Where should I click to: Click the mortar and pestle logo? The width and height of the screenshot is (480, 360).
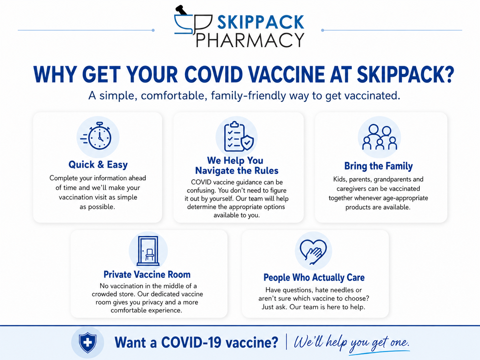coord(193,21)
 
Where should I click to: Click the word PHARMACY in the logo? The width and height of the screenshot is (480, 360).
coord(250,40)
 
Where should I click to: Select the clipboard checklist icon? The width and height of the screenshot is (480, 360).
coord(239,136)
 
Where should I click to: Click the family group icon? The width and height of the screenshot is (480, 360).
coord(380,137)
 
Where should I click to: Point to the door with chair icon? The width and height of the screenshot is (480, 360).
coord(148,251)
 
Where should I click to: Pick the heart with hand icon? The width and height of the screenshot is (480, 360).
coord(313,251)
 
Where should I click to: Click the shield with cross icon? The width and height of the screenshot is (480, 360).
coord(88,342)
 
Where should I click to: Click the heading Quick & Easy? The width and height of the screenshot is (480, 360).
coord(98,165)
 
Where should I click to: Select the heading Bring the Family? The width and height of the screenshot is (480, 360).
coord(379,166)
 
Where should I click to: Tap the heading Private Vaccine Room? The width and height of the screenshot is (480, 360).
coord(147,274)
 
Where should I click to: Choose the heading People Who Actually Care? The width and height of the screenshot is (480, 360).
coord(314,277)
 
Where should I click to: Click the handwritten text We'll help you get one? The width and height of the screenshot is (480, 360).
coord(351,342)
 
